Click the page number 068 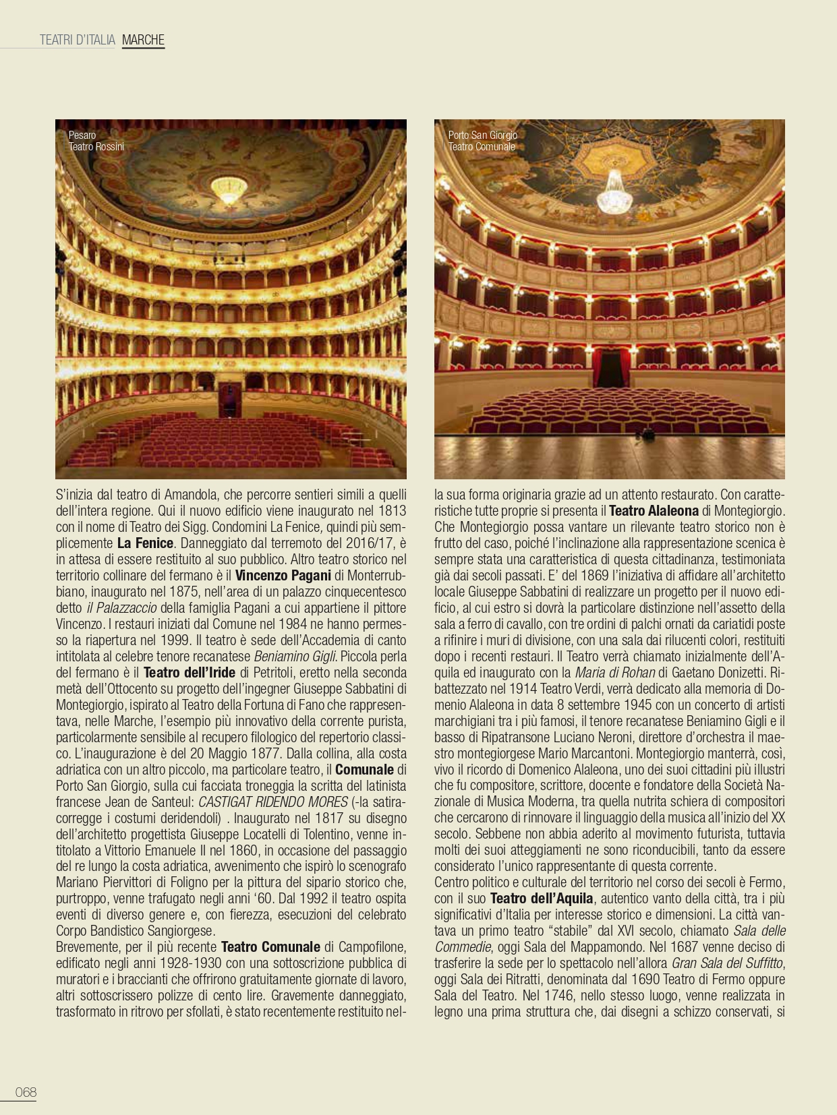click(26, 1092)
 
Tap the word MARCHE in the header click(143, 40)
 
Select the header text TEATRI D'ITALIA click(78, 40)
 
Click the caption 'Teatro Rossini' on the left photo click(96, 147)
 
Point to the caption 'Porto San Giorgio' click(483, 135)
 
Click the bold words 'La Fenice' click(146, 543)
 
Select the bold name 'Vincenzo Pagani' click(283, 576)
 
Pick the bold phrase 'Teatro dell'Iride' click(190, 673)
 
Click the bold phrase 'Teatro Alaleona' click(654, 511)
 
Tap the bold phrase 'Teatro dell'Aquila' click(542, 899)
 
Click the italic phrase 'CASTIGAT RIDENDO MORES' click(273, 802)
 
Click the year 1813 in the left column click(393, 511)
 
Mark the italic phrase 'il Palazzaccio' click(121, 608)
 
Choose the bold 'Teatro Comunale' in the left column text click(270, 947)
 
